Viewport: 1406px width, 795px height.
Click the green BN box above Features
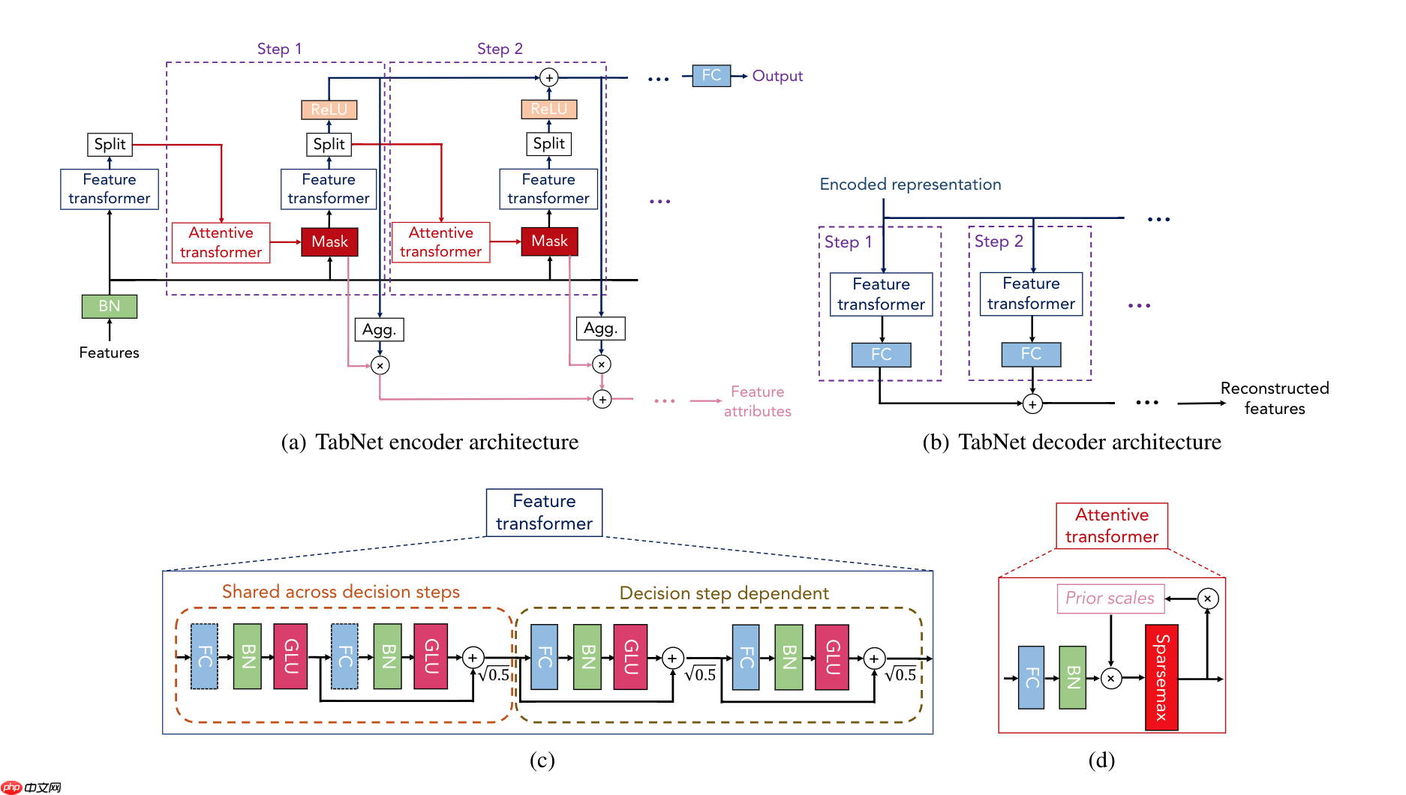(109, 306)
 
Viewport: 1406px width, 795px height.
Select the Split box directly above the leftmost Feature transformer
(110, 144)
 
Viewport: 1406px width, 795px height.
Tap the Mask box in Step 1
(329, 241)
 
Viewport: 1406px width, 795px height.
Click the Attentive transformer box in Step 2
(440, 242)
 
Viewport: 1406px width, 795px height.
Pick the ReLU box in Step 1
(329, 109)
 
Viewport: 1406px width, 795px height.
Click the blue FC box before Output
(711, 76)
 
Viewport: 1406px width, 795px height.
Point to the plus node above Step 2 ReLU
(549, 77)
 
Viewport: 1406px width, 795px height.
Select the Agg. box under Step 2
(600, 328)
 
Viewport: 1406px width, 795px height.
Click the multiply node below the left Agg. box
(380, 365)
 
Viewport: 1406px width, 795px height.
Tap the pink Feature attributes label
(757, 401)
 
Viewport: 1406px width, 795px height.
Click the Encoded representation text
(910, 184)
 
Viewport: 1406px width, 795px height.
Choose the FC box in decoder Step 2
(1031, 354)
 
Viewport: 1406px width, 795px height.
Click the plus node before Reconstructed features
(1032, 404)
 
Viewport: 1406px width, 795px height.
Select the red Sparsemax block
(1161, 677)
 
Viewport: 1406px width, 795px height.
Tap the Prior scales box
(1110, 598)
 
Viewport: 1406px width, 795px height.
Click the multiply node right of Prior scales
(1207, 598)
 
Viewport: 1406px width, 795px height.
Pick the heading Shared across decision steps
(341, 592)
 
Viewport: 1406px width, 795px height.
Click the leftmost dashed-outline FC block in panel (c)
(204, 656)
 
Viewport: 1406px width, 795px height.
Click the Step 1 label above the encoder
(279, 49)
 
